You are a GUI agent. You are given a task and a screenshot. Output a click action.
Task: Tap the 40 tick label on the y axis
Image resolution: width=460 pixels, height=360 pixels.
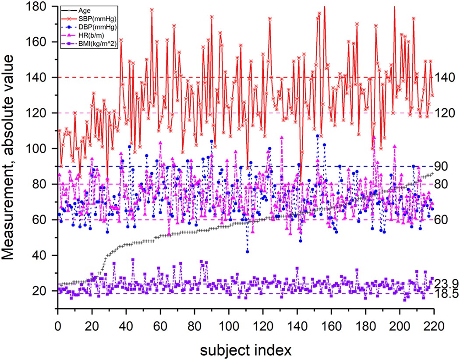[x=46, y=255]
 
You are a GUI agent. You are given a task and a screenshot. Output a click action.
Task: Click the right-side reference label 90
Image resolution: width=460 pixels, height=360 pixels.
[x=440, y=166]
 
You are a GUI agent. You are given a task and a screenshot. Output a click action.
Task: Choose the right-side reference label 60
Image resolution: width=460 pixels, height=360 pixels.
[x=440, y=220]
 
